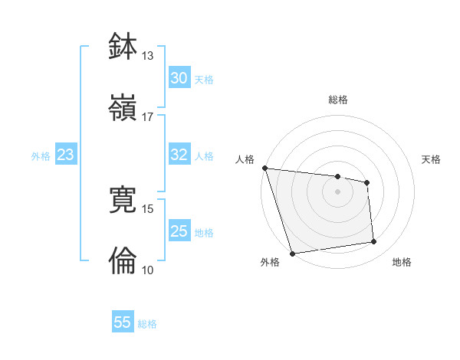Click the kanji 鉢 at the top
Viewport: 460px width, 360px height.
123,46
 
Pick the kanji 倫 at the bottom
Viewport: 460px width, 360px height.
123,260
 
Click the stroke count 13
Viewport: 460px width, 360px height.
147,56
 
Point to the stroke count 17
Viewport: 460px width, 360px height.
147,116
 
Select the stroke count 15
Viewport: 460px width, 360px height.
147,208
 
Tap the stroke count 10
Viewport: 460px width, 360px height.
147,270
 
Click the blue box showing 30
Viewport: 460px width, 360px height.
179,78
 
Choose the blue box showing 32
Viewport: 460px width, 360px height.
179,155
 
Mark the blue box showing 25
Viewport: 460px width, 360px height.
179,231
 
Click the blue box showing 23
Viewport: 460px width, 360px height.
66,155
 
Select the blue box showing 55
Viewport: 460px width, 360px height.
123,322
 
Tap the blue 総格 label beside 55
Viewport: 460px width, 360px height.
147,324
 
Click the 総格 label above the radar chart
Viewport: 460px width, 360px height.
338,100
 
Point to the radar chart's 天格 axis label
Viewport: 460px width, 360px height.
431,159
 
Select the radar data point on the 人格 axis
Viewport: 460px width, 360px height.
264,168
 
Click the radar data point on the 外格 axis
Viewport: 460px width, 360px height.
292,253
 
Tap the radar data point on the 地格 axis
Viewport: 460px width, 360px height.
373,242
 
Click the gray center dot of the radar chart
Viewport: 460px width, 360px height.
337,191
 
